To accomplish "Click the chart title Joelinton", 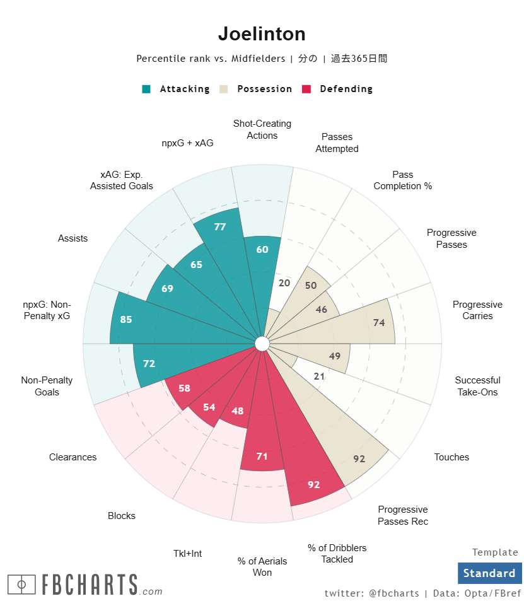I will tap(262, 33).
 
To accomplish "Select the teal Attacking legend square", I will tap(146, 89).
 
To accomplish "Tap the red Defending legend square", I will tap(307, 89).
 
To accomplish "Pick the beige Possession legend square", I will tap(224, 89).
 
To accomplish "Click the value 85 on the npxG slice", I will tap(126, 320).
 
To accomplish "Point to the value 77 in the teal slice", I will tap(220, 227).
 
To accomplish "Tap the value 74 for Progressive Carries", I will tap(379, 323).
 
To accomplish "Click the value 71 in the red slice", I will tap(262, 455).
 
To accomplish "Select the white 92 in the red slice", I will tap(314, 485).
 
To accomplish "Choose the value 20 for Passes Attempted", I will tap(284, 283).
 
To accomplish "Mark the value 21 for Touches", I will tap(319, 376).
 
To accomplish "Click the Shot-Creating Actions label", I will tap(262, 129).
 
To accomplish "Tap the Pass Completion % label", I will tap(402, 180).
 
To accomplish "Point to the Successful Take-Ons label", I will tap(477, 386).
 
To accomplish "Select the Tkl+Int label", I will tap(188, 554).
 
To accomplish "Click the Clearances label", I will tap(73, 457).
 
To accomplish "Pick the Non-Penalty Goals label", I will tap(47, 386).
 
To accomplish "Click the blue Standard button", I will tap(489, 573).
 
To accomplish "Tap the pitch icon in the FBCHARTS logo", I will tap(22, 584).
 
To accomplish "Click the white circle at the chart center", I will tap(262, 344).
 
